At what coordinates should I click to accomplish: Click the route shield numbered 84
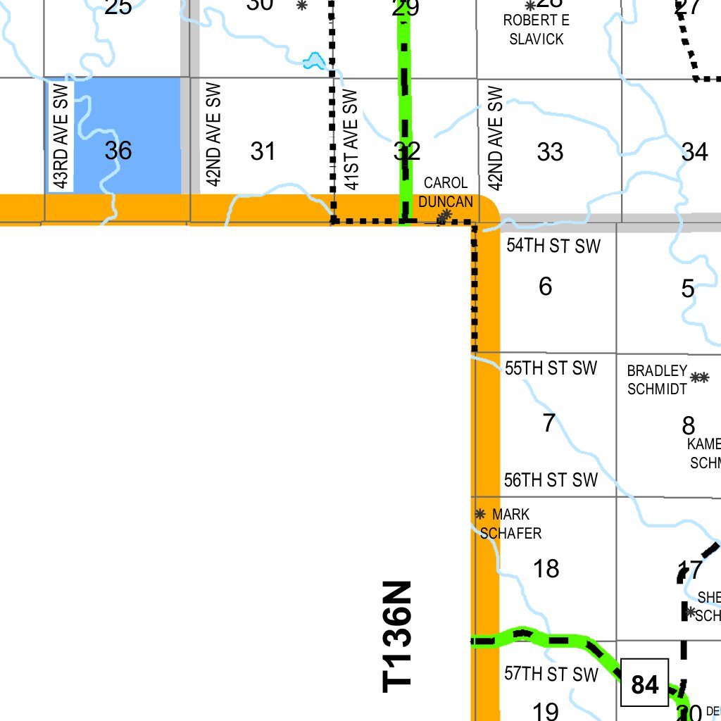(x=644, y=683)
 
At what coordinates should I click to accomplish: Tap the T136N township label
(x=396, y=636)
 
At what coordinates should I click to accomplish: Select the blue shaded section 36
(x=118, y=134)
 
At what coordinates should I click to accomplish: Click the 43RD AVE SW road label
(x=61, y=137)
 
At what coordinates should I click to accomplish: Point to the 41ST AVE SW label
(x=353, y=139)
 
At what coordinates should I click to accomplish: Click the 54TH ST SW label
(x=553, y=246)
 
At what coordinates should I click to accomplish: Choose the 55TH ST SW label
(x=551, y=368)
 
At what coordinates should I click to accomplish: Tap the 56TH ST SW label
(x=551, y=480)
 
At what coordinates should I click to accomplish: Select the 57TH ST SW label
(x=551, y=674)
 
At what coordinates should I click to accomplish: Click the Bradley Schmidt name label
(x=657, y=380)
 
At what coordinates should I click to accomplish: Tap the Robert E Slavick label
(x=536, y=30)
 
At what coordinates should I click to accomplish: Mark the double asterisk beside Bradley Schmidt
(x=699, y=377)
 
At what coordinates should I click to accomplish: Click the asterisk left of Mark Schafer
(x=480, y=514)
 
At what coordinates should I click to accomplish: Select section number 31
(x=263, y=151)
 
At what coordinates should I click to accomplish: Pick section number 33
(x=550, y=151)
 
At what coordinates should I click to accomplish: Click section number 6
(x=545, y=287)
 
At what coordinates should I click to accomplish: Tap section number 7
(x=548, y=423)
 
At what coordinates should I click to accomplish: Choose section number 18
(x=546, y=568)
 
